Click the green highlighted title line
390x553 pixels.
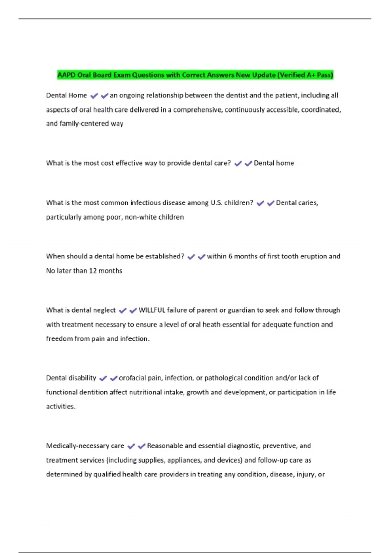pyautogui.click(x=195, y=75)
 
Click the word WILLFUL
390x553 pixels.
pyautogui.click(x=152, y=310)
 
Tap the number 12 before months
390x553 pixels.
pyautogui.click(x=93, y=271)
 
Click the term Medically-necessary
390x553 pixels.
pyautogui.click(x=78, y=446)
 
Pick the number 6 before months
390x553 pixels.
pyautogui.click(x=230, y=256)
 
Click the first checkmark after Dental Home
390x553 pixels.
pyautogui.click(x=94, y=96)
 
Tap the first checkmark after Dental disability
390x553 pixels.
pyautogui.click(x=103, y=378)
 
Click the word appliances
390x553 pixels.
pyautogui.click(x=185, y=460)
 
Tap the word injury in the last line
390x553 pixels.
pyautogui.click(x=305, y=474)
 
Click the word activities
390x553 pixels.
pyautogui.click(x=60, y=406)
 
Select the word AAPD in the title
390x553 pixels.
pyautogui.click(x=67, y=75)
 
